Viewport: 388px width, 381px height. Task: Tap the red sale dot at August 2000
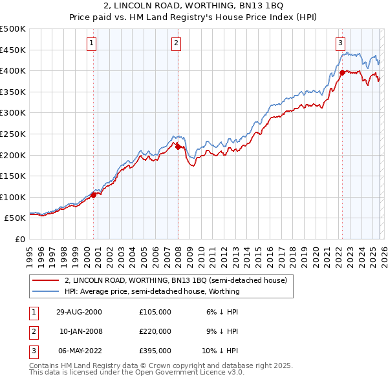(x=94, y=194)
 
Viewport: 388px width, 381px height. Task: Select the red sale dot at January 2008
(x=178, y=146)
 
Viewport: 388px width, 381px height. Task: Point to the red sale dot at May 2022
(x=341, y=72)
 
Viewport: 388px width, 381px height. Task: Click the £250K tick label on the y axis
(x=12, y=134)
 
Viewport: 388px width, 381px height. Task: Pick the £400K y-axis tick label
(x=12, y=70)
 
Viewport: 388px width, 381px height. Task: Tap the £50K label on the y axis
(x=15, y=218)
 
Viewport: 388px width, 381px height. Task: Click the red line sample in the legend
(x=46, y=280)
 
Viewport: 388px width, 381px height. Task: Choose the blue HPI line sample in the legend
(x=46, y=291)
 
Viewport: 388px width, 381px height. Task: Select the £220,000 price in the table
(x=155, y=331)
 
